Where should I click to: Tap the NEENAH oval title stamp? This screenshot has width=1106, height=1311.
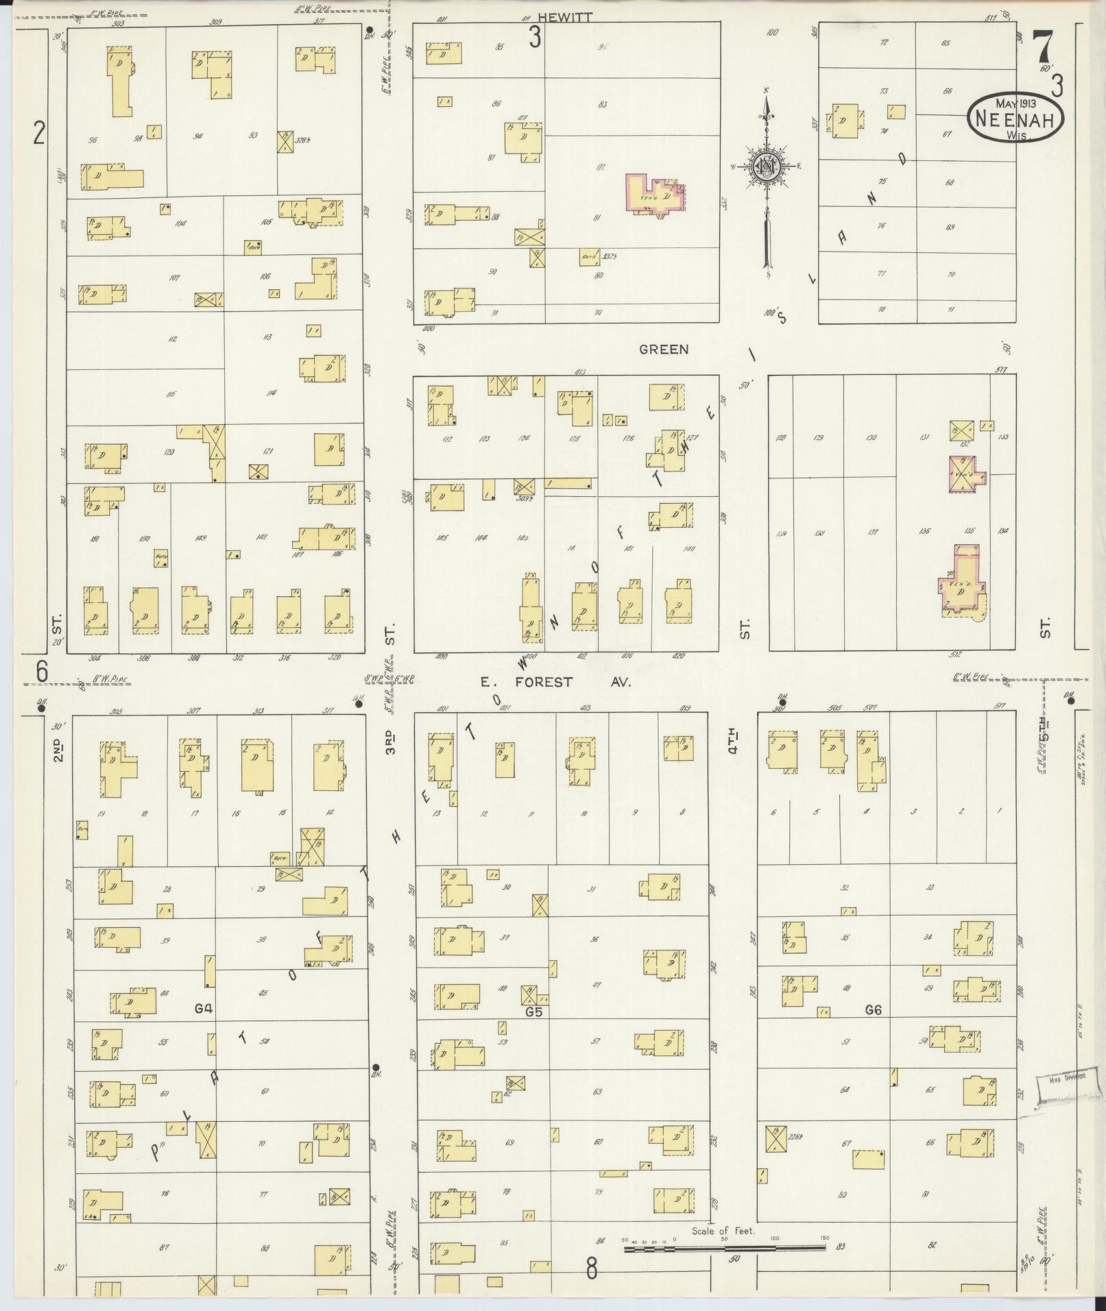click(1015, 117)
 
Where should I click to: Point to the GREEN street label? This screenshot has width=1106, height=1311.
click(664, 350)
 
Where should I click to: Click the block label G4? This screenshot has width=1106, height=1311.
click(203, 1008)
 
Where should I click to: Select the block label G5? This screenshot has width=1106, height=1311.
click(533, 1010)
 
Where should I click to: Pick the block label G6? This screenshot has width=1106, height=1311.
click(873, 1009)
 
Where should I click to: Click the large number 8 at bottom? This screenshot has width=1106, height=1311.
click(591, 1269)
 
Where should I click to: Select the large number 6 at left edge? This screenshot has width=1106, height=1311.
click(43, 672)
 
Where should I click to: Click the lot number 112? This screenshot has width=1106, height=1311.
click(172, 339)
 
